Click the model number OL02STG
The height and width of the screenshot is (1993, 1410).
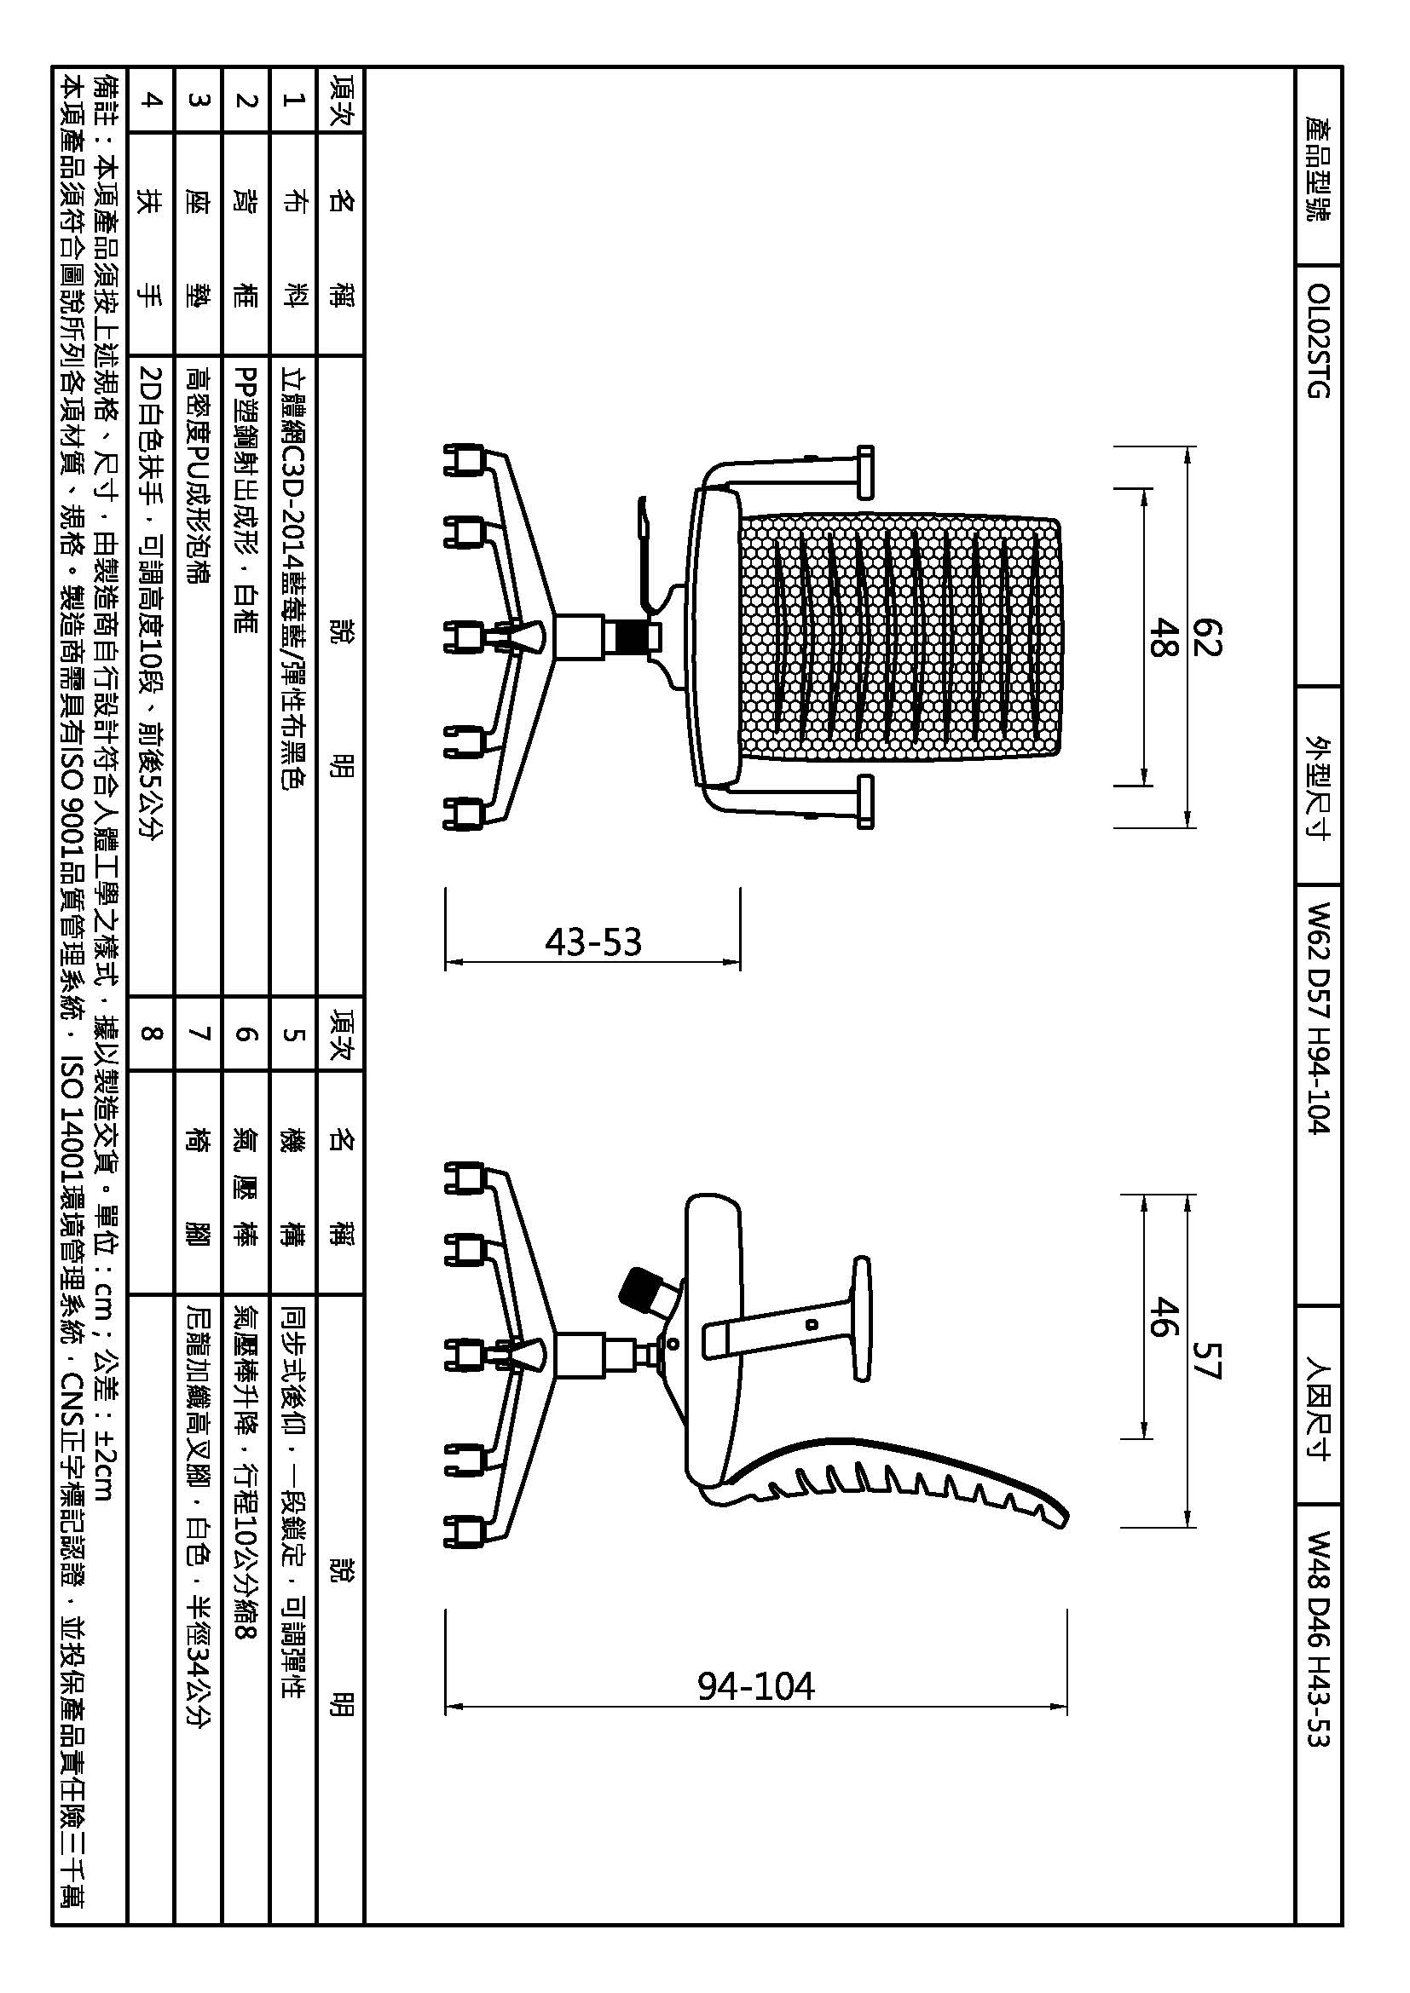tap(1317, 339)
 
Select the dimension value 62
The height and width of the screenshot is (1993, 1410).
tap(1208, 637)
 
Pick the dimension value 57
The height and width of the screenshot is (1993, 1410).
tap(1208, 1360)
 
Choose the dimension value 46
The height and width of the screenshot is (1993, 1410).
tap(1163, 1316)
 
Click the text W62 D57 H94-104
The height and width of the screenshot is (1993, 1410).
tap(1317, 1017)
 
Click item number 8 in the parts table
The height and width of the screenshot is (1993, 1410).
tap(151, 1033)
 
